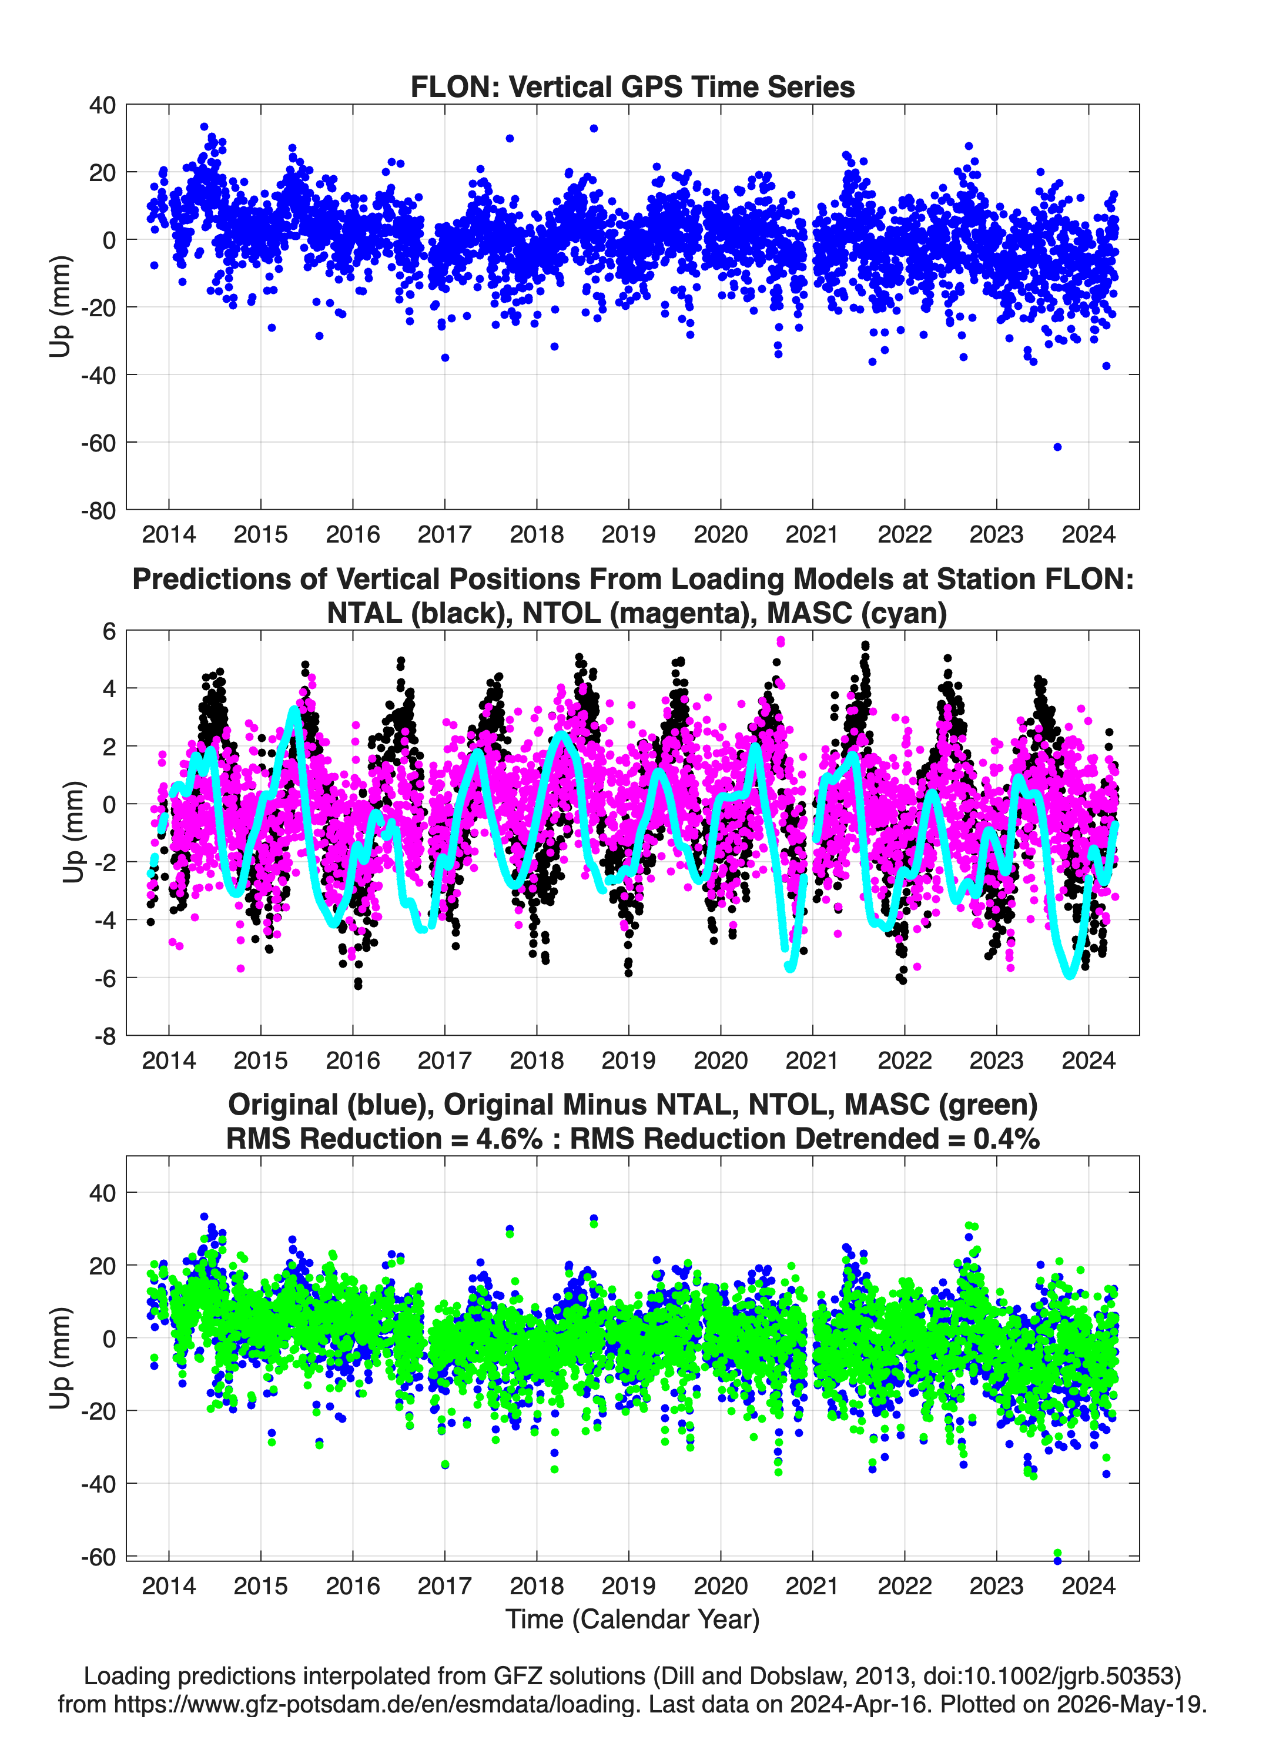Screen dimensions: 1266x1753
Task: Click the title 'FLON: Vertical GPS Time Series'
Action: click(632, 86)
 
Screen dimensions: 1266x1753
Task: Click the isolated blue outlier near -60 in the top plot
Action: click(1057, 447)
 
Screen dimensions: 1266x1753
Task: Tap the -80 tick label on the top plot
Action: click(98, 511)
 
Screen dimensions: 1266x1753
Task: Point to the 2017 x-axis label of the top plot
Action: click(444, 534)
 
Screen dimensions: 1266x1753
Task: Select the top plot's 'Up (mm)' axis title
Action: click(61, 306)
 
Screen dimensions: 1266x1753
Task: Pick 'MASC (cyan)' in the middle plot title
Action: click(856, 613)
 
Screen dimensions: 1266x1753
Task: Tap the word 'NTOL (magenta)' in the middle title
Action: click(638, 613)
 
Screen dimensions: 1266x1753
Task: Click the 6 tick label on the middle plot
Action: click(109, 631)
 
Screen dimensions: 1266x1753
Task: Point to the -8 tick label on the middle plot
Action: click(105, 1036)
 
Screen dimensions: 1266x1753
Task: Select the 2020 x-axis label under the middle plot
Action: click(721, 1060)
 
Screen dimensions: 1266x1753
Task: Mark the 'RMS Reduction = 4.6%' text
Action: click(384, 1139)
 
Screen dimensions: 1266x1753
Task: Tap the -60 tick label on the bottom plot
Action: click(98, 1556)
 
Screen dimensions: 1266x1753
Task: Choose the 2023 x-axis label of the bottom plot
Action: click(996, 1585)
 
